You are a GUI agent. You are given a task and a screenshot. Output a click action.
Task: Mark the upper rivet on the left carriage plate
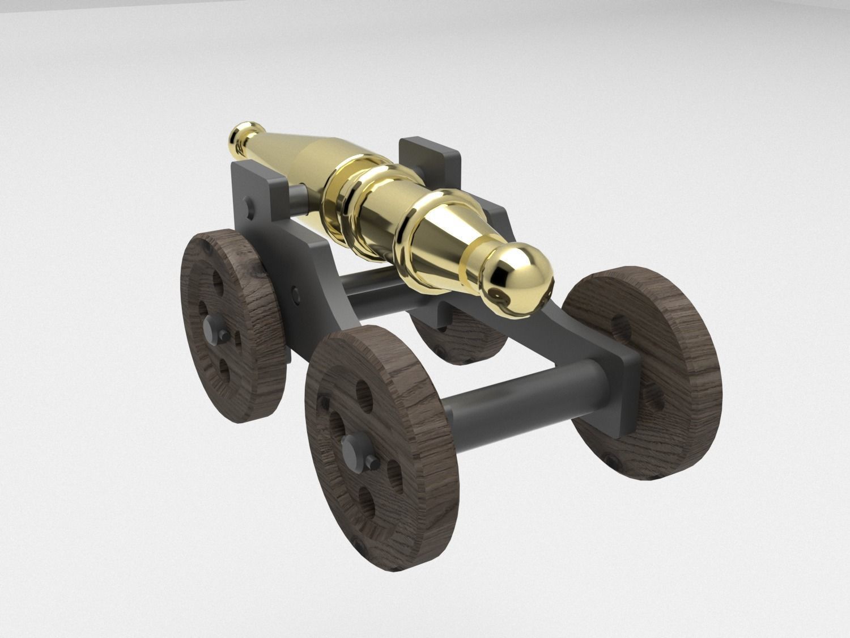(x=247, y=202)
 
